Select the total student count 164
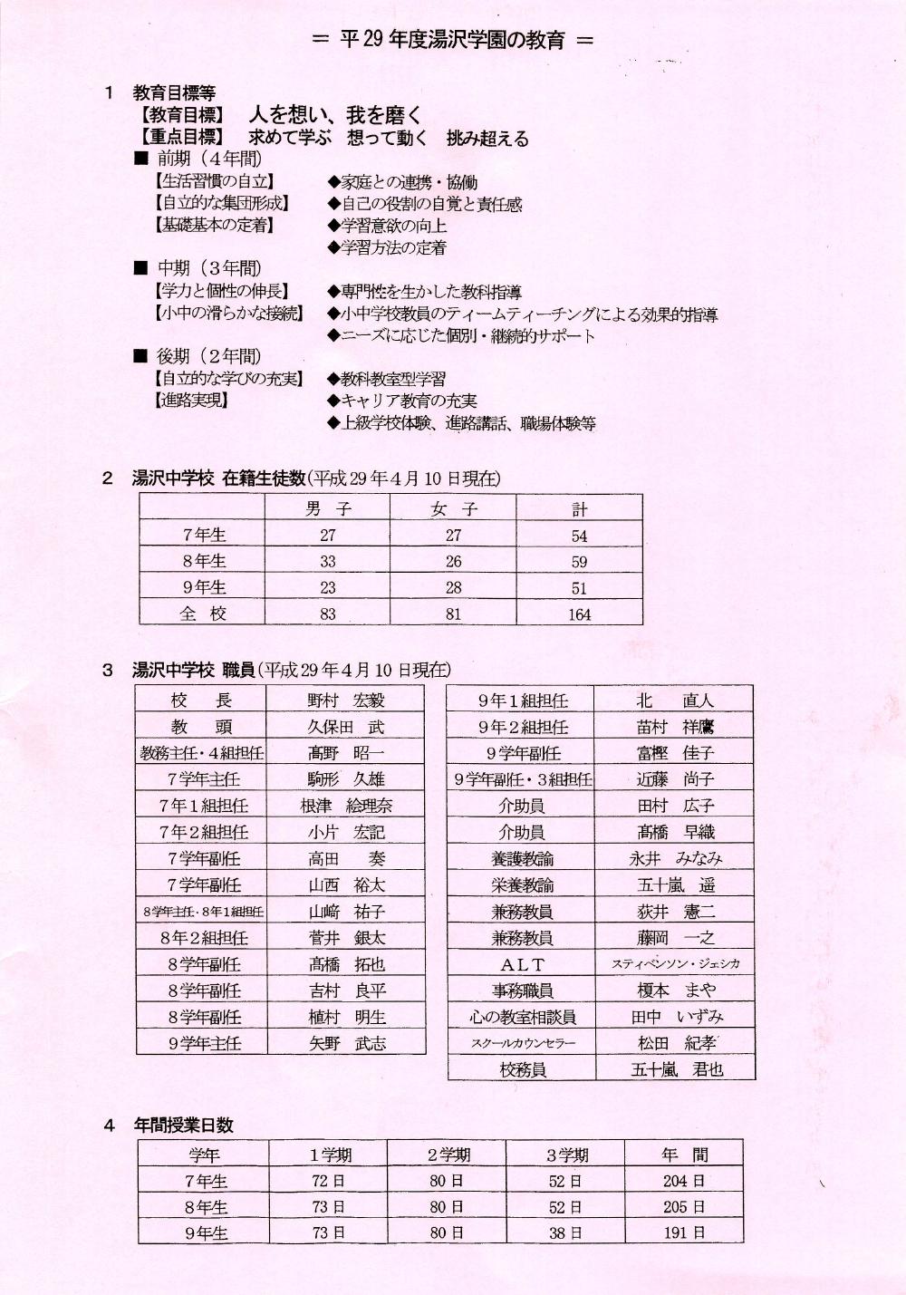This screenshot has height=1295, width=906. [579, 614]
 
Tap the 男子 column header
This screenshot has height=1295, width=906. [327, 509]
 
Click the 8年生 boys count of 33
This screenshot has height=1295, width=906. [327, 562]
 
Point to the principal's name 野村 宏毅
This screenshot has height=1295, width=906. [346, 701]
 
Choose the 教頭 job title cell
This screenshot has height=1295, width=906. [201, 727]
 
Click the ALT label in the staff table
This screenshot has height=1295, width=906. [522, 965]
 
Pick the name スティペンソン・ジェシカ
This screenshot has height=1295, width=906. [675, 964]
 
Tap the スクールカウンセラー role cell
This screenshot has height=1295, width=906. [523, 1043]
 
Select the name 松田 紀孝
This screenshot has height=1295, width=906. [676, 1043]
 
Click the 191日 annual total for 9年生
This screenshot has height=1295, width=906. [683, 1233]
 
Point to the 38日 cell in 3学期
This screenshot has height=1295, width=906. [564, 1233]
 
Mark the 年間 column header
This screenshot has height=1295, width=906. [684, 1155]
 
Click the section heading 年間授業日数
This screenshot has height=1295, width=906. [184, 1125]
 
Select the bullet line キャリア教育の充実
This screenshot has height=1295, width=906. [408, 401]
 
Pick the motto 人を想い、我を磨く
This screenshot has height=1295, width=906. [335, 115]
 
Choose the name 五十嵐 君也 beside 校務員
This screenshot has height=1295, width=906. [676, 1069]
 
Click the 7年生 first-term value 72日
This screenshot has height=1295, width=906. [327, 1181]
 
